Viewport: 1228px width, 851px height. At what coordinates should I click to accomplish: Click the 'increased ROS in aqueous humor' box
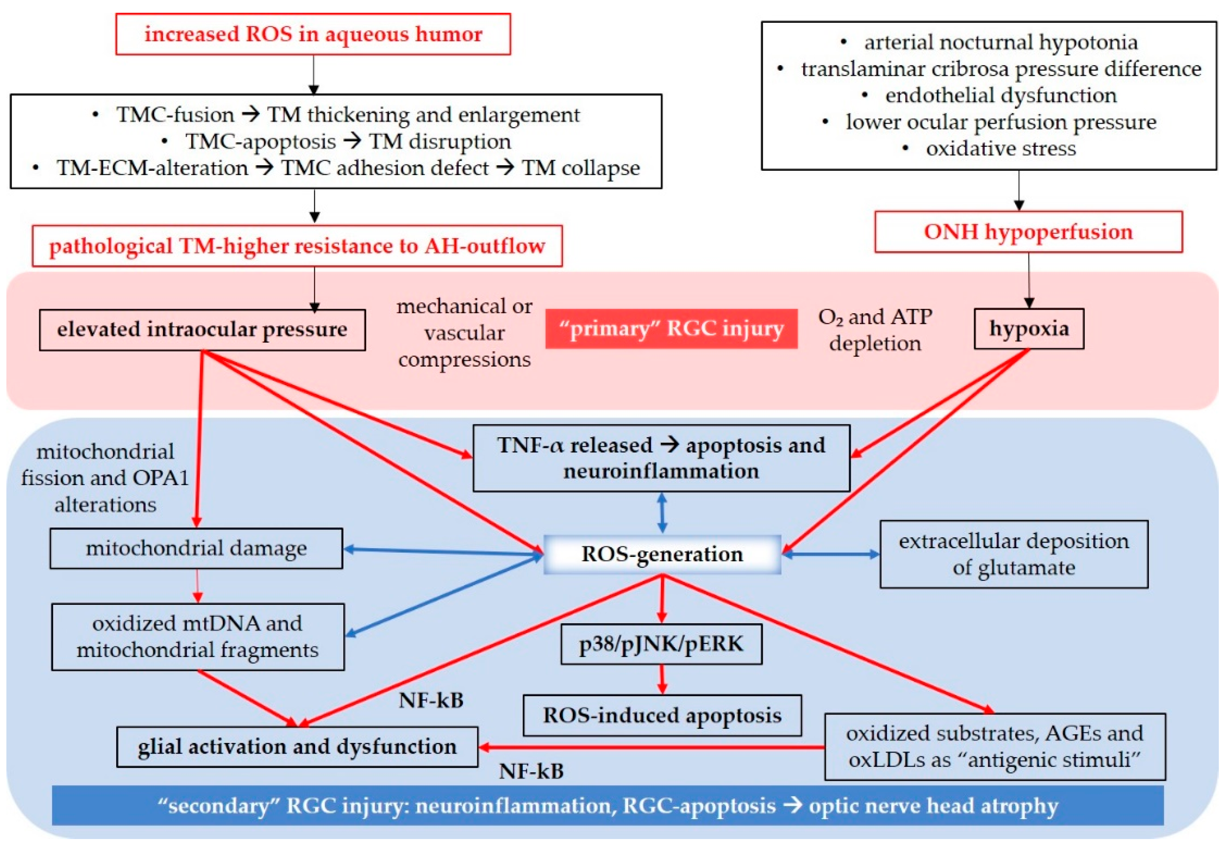[313, 34]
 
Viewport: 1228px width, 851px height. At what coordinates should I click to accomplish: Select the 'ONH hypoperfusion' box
[1028, 232]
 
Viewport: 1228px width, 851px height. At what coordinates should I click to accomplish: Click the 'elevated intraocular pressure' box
[202, 330]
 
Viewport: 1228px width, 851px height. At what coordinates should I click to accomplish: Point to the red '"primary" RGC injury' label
[671, 329]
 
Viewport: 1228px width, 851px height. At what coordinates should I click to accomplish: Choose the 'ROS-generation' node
[662, 555]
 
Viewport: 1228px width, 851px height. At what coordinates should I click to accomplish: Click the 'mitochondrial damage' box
[196, 549]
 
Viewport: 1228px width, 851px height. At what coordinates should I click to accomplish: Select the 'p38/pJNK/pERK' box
[661, 644]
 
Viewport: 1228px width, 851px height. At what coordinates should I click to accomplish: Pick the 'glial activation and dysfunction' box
[297, 747]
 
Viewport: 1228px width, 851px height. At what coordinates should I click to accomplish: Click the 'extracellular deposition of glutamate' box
[1014, 555]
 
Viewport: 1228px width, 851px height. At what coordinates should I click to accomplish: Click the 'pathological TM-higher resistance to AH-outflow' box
[297, 246]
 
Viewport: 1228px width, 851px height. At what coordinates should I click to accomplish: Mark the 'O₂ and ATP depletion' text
[875, 330]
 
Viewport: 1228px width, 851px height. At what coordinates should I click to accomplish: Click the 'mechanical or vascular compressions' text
[464, 333]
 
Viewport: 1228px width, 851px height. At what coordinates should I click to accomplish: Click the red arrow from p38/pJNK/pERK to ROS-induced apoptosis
[662, 679]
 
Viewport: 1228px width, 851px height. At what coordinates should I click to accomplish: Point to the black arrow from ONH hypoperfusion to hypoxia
[1029, 280]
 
